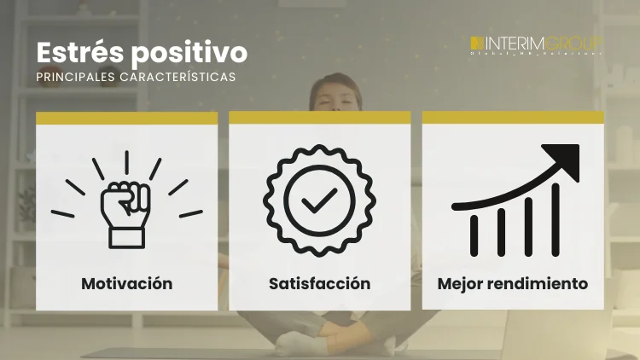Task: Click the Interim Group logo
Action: click(536, 44)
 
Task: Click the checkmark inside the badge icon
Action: click(319, 202)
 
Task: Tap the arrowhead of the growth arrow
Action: click(562, 160)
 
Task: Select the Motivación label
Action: click(126, 283)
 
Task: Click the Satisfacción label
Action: click(319, 283)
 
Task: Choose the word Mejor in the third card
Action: click(461, 283)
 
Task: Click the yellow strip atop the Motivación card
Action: click(126, 119)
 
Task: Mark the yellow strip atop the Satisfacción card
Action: click(319, 117)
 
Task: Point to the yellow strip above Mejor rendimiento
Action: click(513, 117)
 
